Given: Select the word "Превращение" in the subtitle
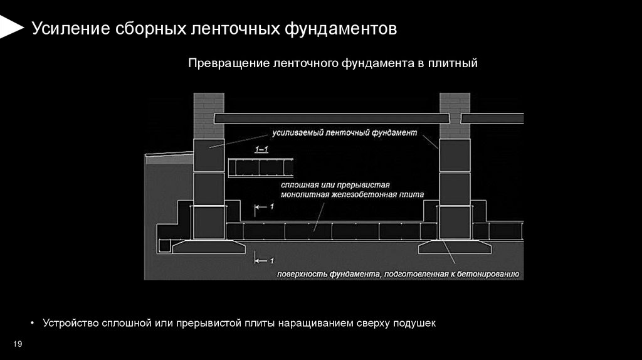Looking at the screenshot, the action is pos(222,63).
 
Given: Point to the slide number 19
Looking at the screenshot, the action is pos(18,344).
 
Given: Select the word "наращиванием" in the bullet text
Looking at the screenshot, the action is pos(320,324).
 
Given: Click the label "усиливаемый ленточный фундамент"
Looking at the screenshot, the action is pos(344,133).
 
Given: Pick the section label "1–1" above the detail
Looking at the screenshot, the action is pos(261,149).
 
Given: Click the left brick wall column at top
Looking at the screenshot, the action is pos(208,115).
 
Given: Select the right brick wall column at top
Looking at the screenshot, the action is pos(455,115).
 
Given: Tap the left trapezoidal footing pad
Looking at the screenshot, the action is pos(208,246).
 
